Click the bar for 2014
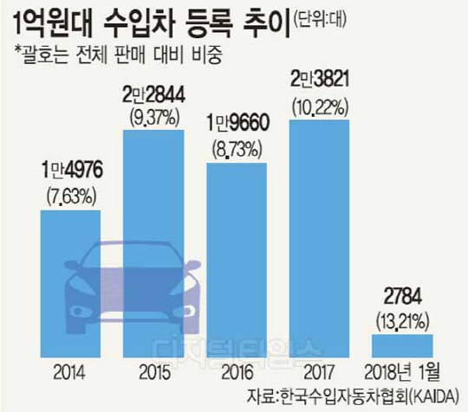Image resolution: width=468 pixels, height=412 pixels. point(70,284)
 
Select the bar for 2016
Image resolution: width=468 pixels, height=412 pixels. point(237,260)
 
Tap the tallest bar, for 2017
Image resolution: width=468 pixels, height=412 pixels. point(319,239)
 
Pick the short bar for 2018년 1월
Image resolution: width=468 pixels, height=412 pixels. point(402,346)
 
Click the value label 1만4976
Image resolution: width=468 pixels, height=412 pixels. point(72,171)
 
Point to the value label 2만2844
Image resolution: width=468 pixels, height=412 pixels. point(153,95)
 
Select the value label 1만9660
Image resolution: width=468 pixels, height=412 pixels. point(237,123)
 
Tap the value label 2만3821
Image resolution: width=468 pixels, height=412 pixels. point(320,79)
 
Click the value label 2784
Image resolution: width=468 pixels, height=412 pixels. point(403,296)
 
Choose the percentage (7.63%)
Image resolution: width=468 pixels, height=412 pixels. point(72,196)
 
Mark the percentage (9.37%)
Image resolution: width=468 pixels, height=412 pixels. point(154,119)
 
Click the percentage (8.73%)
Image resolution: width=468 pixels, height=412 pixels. point(237,149)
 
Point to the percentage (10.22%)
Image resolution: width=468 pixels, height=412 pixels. point(321,107)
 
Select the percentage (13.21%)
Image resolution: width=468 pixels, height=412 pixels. point(403,322)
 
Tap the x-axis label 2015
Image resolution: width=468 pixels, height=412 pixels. point(154,372)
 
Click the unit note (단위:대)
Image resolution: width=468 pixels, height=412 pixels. point(320,20)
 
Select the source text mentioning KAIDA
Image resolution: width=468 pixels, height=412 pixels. point(352,396)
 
